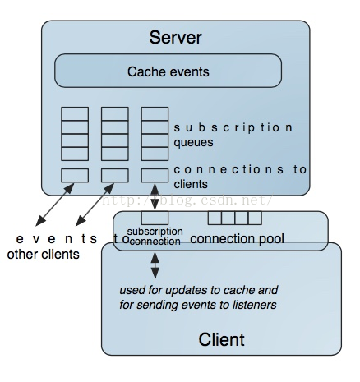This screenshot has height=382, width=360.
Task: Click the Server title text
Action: click(175, 37)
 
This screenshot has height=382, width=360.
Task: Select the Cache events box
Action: click(168, 71)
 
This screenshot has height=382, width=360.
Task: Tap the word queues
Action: click(193, 143)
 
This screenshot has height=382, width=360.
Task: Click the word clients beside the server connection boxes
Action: click(191, 184)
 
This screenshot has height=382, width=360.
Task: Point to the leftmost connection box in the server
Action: click(75, 176)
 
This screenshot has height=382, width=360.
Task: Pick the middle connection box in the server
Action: click(115, 176)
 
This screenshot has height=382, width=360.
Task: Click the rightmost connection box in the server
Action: click(155, 176)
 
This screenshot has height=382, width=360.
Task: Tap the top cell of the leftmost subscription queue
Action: click(75, 113)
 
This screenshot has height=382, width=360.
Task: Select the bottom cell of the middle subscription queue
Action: click(115, 154)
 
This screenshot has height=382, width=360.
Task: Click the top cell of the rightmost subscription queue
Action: click(155, 113)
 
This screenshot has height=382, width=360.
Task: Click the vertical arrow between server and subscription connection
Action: click(155, 197)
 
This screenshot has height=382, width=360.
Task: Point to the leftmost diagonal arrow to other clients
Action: click(55, 205)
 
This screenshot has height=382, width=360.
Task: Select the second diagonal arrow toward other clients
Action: click(95, 205)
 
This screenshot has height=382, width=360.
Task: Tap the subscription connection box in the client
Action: click(155, 218)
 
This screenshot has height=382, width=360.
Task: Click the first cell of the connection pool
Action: click(215, 218)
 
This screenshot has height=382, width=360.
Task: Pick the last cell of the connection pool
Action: click(255, 218)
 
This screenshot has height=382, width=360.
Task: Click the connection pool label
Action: click(237, 239)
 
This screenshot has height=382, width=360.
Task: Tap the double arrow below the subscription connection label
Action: click(155, 265)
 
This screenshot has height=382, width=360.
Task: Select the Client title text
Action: click(221, 339)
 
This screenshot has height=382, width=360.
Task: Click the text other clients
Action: click(44, 255)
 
